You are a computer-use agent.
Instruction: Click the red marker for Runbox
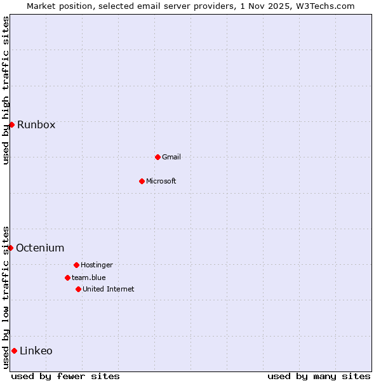(x=11, y=124)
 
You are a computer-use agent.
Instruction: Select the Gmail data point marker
(x=157, y=157)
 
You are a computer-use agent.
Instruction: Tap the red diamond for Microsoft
(x=142, y=181)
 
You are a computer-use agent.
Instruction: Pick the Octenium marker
(x=10, y=248)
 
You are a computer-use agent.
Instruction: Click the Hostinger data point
(x=76, y=265)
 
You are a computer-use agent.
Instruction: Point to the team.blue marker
(x=67, y=277)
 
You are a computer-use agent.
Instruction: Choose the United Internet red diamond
(x=78, y=289)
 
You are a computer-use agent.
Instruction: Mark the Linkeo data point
(x=14, y=351)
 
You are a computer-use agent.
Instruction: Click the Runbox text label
(x=36, y=124)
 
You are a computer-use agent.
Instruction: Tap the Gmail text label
(x=171, y=157)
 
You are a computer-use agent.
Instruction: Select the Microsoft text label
(x=161, y=181)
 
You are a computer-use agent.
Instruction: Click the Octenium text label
(x=40, y=248)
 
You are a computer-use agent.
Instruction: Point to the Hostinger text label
(x=97, y=265)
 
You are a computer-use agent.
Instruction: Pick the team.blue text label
(x=89, y=277)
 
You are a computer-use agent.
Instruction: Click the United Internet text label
(x=109, y=289)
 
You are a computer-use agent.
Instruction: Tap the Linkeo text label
(x=36, y=351)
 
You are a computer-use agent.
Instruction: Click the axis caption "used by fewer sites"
(x=65, y=376)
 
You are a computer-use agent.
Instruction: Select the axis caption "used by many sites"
(x=319, y=376)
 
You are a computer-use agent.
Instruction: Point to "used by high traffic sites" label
(x=6, y=90)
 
